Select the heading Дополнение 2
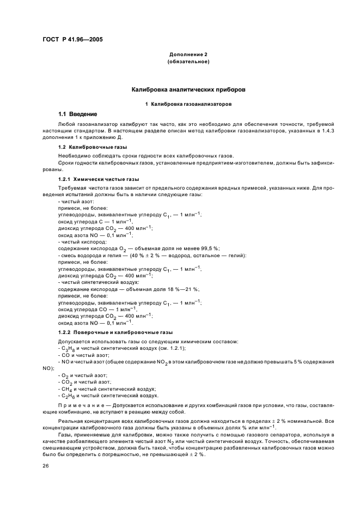coord(188,55)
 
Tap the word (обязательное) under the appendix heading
coord(188,62)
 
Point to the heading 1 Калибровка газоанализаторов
coord(188,103)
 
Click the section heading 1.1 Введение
coord(77,114)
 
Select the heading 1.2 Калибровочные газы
coord(93,147)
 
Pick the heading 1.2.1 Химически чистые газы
coord(98,179)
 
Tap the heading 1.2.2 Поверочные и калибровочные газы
coord(115,332)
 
